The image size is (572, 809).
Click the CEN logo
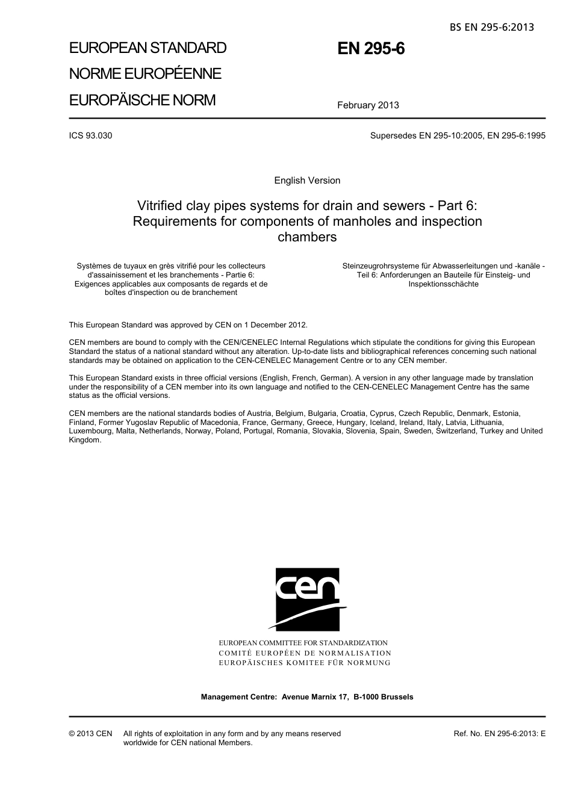(x=307, y=599)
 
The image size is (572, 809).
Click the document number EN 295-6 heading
(x=371, y=49)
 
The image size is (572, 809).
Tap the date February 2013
(x=368, y=105)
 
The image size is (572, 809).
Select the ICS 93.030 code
(x=90, y=135)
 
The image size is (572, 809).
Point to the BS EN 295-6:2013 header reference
(x=491, y=27)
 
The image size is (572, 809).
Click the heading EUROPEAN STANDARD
(x=148, y=48)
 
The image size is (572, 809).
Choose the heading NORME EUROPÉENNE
(x=145, y=74)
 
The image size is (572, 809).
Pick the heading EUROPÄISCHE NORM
(x=142, y=100)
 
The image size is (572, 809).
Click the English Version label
(x=307, y=181)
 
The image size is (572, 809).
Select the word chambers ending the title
(x=307, y=237)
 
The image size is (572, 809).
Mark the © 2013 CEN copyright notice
(x=90, y=734)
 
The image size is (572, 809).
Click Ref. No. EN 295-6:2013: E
(x=499, y=734)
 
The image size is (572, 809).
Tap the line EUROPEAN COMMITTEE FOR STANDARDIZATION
(x=303, y=643)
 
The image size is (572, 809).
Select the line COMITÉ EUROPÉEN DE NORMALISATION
(x=305, y=653)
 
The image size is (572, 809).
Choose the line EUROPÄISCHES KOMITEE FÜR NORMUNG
(x=305, y=663)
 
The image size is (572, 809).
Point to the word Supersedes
(x=393, y=135)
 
